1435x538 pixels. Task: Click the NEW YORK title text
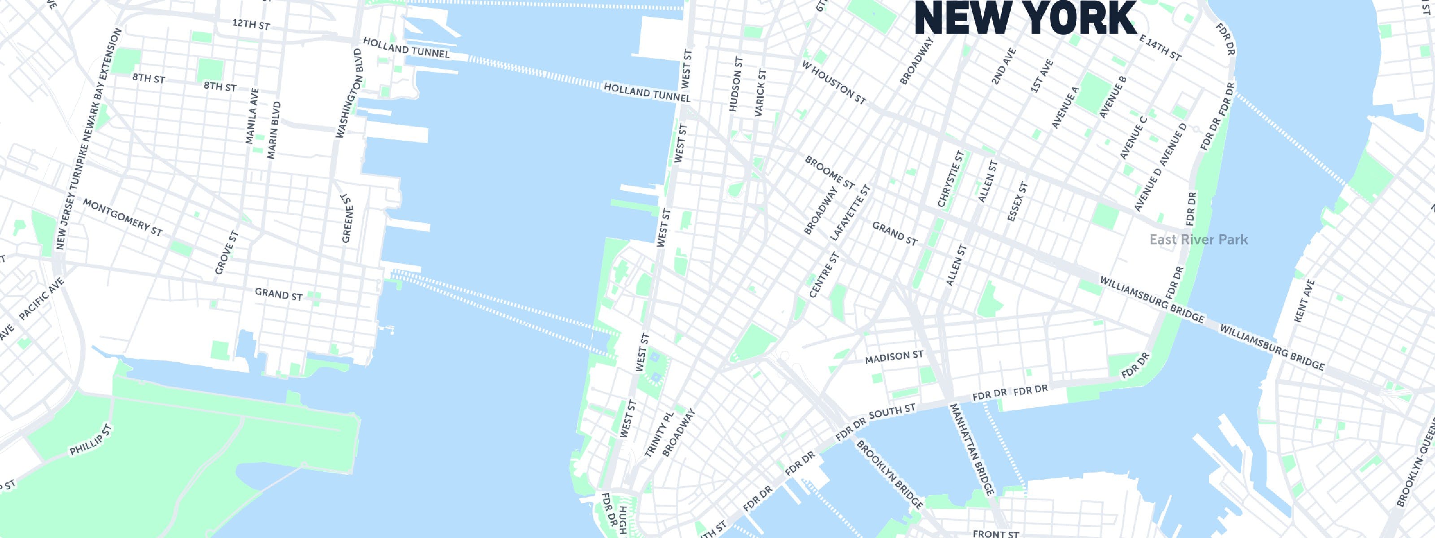click(x=1026, y=18)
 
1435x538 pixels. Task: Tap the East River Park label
click(x=1198, y=239)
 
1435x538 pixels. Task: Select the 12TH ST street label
click(x=251, y=25)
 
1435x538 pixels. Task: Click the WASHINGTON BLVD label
click(x=349, y=94)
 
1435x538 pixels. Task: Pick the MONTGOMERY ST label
click(x=122, y=217)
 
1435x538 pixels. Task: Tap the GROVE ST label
click(x=226, y=252)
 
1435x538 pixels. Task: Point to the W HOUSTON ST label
click(x=834, y=82)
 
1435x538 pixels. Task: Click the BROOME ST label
click(x=830, y=172)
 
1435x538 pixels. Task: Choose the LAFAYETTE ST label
click(x=849, y=213)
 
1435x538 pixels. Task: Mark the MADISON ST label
click(x=894, y=357)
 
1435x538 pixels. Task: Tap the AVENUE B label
click(x=1113, y=97)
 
